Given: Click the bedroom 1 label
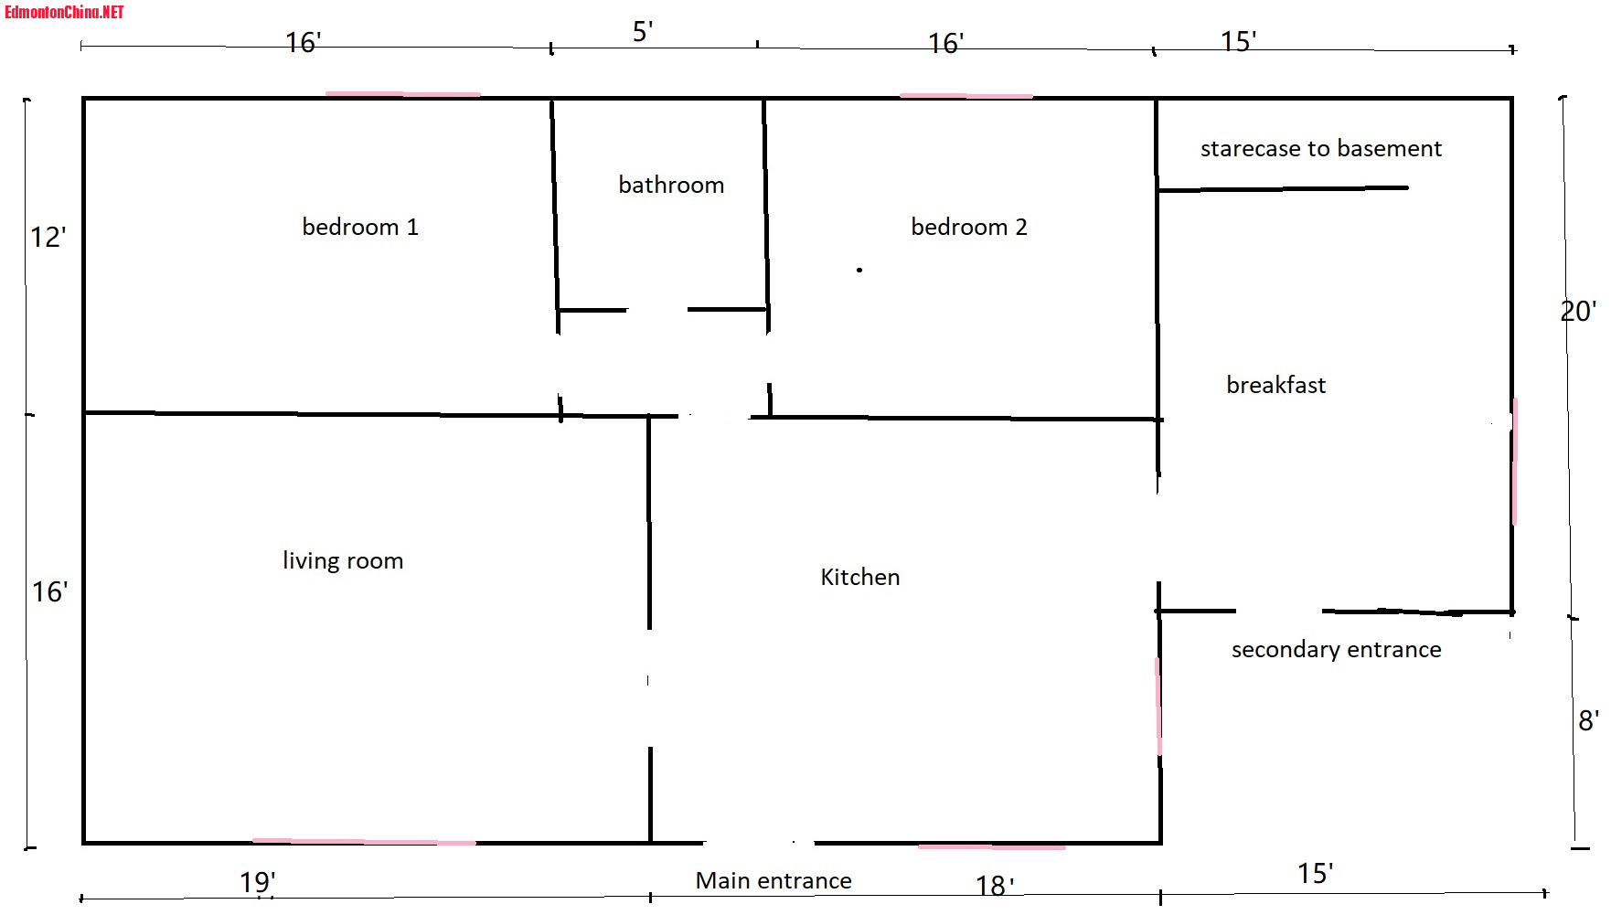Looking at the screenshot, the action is pyautogui.click(x=360, y=227).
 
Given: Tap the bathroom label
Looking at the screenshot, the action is pyautogui.click(x=671, y=185).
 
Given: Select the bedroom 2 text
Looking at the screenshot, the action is pyautogui.click(x=969, y=227).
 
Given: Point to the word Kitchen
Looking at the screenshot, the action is pyautogui.click(x=860, y=577).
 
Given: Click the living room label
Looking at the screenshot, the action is pyautogui.click(x=343, y=560).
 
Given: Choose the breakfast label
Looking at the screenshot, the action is pyautogui.click(x=1276, y=385).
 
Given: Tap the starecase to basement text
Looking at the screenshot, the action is pyautogui.click(x=1321, y=148).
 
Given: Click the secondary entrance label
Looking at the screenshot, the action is pyautogui.click(x=1337, y=649).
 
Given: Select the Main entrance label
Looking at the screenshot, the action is pyautogui.click(x=773, y=880).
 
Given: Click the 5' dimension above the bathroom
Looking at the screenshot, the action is pyautogui.click(x=643, y=31).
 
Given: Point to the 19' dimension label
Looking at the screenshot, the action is pyautogui.click(x=258, y=882).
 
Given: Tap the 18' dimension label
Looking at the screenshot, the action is pyautogui.click(x=995, y=885).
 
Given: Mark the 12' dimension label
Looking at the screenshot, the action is pyautogui.click(x=48, y=238).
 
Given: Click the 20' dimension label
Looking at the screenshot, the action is pyautogui.click(x=1579, y=312).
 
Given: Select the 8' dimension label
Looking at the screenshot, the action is pyautogui.click(x=1589, y=721).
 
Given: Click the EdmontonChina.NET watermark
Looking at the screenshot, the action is pyautogui.click(x=64, y=12).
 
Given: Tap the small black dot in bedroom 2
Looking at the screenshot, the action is pyautogui.click(x=859, y=270).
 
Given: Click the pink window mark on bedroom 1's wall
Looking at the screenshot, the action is pyautogui.click(x=403, y=93).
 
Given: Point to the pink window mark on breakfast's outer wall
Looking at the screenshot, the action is pyautogui.click(x=1514, y=462).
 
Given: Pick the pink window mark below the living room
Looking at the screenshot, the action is pyautogui.click(x=364, y=841).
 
